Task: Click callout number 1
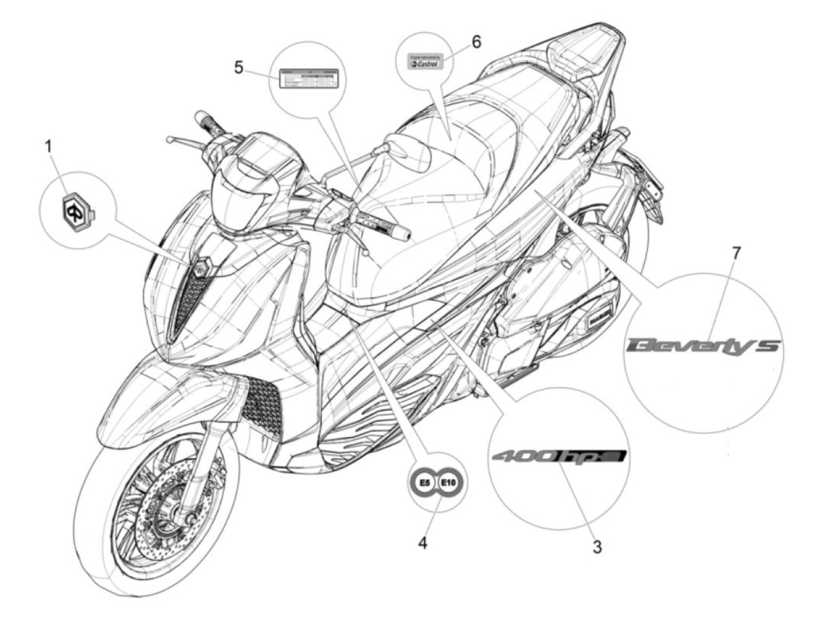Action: [x=49, y=129]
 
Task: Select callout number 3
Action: [x=597, y=546]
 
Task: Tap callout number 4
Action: [x=423, y=542]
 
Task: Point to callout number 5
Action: [x=238, y=67]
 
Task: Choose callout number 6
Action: [x=476, y=42]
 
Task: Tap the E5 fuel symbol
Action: [x=424, y=483]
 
